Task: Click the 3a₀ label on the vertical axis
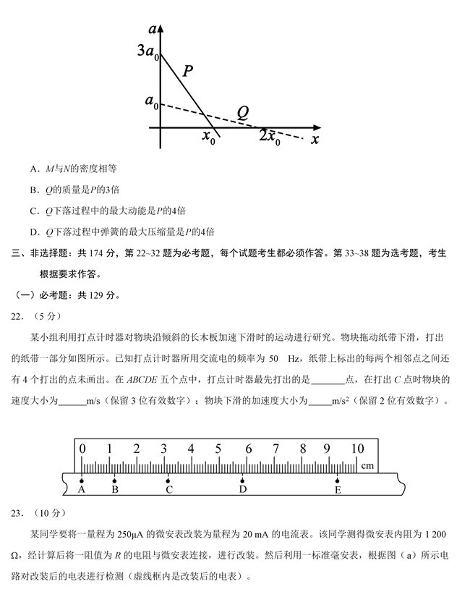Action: pyautogui.click(x=147, y=51)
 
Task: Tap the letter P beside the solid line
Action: pyautogui.click(x=187, y=71)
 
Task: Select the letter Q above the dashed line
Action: pyautogui.click(x=243, y=112)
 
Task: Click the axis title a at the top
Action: pyautogui.click(x=152, y=29)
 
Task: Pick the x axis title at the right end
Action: pyautogui.click(x=315, y=139)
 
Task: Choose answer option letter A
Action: pyautogui.click(x=33, y=169)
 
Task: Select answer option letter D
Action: pyautogui.click(x=33, y=232)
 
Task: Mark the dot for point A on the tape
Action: pyautogui.click(x=82, y=480)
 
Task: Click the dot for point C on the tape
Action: pyautogui.click(x=168, y=480)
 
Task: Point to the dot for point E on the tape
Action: pyautogui.click(x=338, y=480)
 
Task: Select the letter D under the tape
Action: pyautogui.click(x=243, y=490)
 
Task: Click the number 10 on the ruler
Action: pyautogui.click(x=357, y=449)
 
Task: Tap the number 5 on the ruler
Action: pyautogui.click(x=219, y=449)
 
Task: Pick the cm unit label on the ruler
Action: pyautogui.click(x=367, y=465)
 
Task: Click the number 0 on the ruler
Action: pyautogui.click(x=82, y=449)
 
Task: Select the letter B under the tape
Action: pyautogui.click(x=115, y=490)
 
